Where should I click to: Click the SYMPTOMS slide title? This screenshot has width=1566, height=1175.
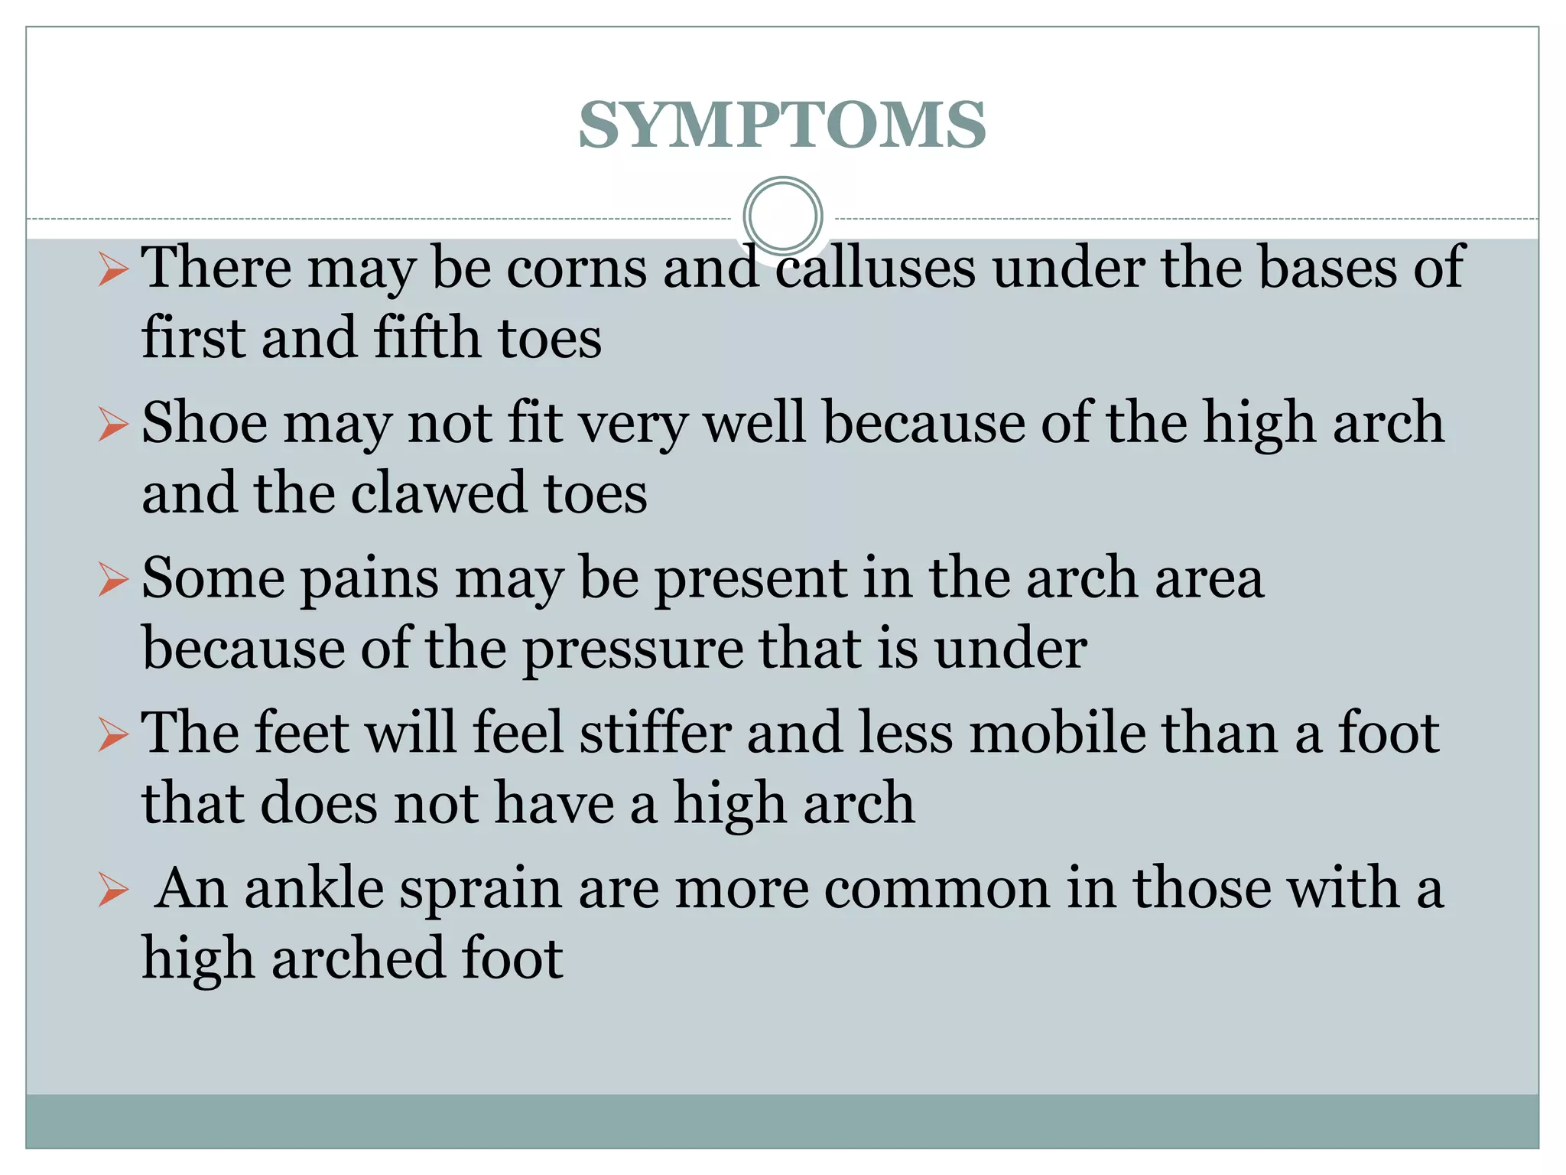click(781, 125)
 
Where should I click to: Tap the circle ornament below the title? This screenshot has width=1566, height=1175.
click(782, 216)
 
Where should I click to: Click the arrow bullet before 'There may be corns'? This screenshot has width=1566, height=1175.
click(113, 270)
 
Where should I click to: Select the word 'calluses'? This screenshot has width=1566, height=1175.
click(876, 268)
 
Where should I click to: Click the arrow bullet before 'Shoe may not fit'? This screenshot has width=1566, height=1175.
click(113, 425)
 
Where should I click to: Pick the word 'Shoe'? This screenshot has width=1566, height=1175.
click(204, 422)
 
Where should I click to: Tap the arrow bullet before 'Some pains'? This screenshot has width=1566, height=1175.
click(113, 580)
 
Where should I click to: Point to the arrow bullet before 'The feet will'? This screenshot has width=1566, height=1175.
click(113, 736)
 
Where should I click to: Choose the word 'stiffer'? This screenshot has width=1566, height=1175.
click(655, 733)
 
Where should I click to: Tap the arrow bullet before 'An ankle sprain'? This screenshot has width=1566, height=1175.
click(113, 892)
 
